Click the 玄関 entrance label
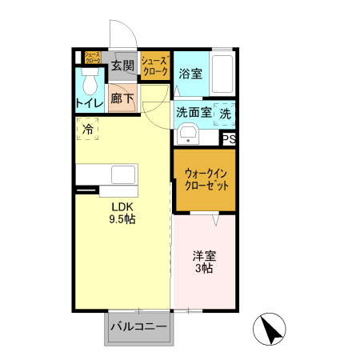click(122, 65)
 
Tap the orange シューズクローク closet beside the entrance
click(155, 66)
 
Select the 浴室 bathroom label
click(190, 74)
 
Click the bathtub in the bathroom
click(222, 75)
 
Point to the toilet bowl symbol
click(89, 81)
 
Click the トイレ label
click(88, 102)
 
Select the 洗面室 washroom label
click(194, 113)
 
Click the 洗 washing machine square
click(225, 114)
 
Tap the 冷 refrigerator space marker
click(87, 127)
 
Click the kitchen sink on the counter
click(124, 175)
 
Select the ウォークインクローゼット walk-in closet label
click(206, 179)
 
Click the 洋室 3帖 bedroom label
click(205, 262)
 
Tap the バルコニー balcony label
click(138, 327)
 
